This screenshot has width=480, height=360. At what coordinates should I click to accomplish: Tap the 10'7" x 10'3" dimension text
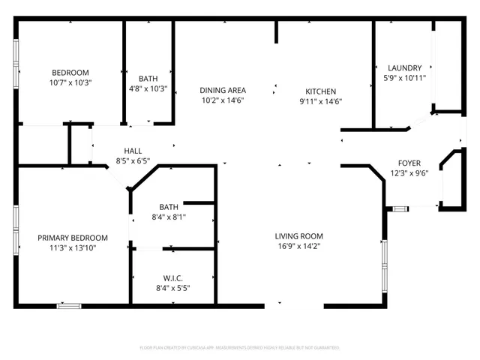click(x=69, y=82)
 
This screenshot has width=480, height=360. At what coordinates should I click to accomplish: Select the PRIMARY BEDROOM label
click(x=73, y=238)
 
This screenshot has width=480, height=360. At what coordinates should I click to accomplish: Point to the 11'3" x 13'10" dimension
click(x=73, y=248)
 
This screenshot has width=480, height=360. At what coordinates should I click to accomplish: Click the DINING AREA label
click(x=223, y=90)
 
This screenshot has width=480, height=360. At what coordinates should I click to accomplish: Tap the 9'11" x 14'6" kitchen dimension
click(x=320, y=100)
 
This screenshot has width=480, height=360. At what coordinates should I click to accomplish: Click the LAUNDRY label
click(x=404, y=67)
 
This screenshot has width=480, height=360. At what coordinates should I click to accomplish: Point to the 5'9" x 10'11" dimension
click(x=404, y=77)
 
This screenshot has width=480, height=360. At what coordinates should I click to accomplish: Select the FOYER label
click(x=409, y=163)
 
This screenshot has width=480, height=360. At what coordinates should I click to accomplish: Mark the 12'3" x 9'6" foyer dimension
click(x=409, y=173)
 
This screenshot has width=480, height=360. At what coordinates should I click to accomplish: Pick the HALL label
click(x=133, y=150)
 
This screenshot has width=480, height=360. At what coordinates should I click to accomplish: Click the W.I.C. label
click(x=172, y=277)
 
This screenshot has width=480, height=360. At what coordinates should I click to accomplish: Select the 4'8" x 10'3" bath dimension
click(x=148, y=89)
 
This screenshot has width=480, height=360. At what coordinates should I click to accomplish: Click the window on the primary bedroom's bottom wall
click(x=68, y=305)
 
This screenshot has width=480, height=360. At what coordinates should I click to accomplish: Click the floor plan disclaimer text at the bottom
click(x=240, y=348)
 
